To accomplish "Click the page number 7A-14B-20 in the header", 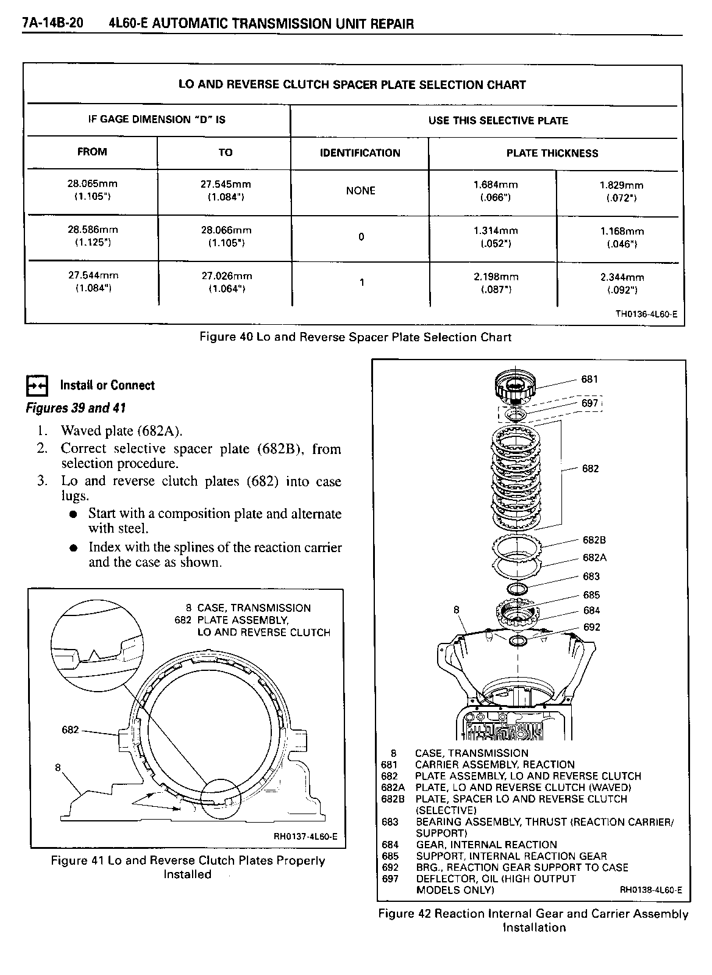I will (x=52, y=24).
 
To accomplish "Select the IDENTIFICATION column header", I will (x=360, y=153).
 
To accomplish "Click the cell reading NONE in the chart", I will (x=360, y=191).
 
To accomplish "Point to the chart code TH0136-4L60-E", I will (x=646, y=314).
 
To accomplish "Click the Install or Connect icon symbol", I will (x=38, y=386).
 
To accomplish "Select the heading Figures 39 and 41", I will (x=76, y=408).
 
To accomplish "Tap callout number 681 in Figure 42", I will (x=589, y=379).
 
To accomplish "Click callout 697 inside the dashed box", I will (x=589, y=403).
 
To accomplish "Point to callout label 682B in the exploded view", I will (x=594, y=540).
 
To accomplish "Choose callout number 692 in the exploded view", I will (x=591, y=627).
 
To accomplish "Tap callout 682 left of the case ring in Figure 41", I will (x=71, y=729).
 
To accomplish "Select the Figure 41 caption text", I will (x=188, y=867).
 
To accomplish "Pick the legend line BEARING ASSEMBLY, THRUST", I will (x=544, y=822).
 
